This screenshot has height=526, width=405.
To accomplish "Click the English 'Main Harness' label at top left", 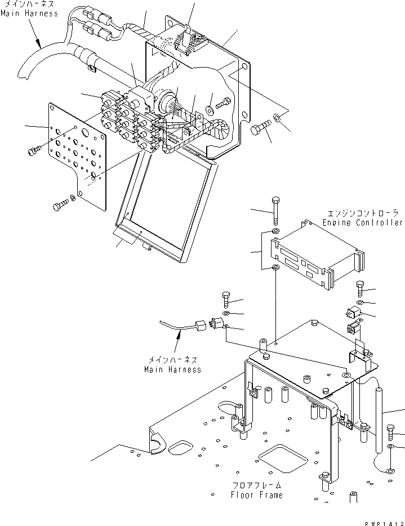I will [29, 13].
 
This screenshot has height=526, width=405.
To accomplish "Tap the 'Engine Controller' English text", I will [363, 223].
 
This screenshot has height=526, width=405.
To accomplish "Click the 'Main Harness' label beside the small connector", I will [172, 370].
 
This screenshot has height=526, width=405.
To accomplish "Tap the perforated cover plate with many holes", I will [78, 152].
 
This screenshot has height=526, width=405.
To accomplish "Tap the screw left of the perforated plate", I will [34, 150].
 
